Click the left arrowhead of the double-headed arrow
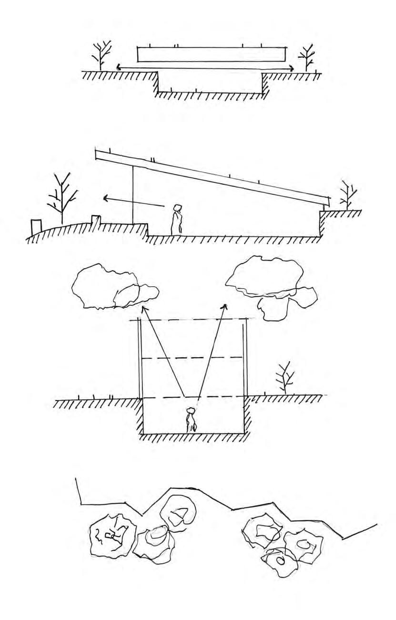pos(118,68)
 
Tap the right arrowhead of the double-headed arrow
pos(291,69)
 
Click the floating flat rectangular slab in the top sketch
pos(212,54)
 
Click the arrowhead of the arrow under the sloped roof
pos(106,196)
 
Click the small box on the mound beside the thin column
pos(96,220)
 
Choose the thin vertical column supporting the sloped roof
pos(132,196)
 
